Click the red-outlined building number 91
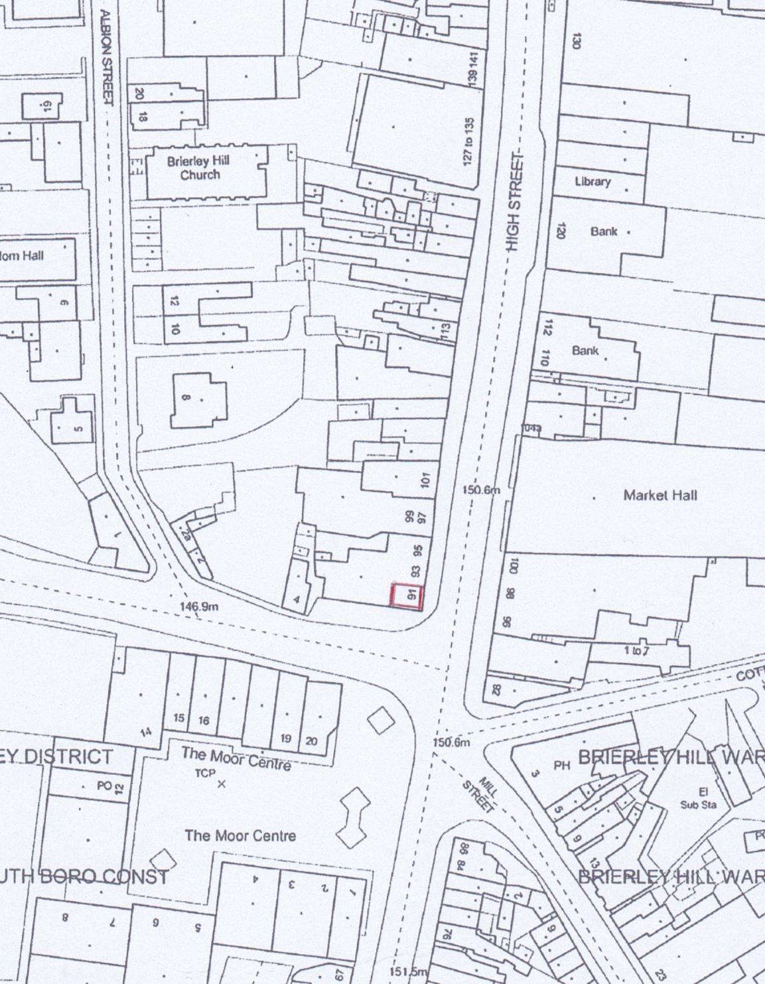click(406, 595)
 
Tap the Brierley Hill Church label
click(198, 168)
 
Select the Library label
click(592, 181)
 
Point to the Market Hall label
click(660, 495)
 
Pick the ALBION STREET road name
click(106, 57)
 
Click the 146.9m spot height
click(199, 606)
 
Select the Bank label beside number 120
click(603, 232)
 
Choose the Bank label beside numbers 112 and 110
click(585, 350)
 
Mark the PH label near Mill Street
click(561, 766)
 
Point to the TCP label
click(205, 774)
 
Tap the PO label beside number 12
click(103, 786)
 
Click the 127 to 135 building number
click(468, 141)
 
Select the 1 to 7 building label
click(636, 651)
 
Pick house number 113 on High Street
click(445, 329)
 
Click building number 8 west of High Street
click(186, 399)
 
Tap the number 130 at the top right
click(576, 40)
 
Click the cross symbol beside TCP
click(222, 784)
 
